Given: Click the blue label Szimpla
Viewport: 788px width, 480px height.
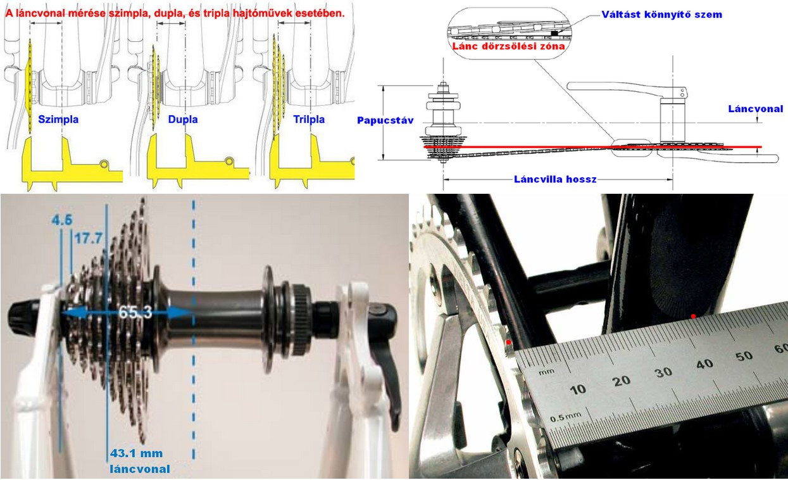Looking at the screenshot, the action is coord(58,119).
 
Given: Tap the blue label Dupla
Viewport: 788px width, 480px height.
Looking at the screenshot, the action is coord(183,119).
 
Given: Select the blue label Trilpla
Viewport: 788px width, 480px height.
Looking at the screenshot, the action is coord(309,119).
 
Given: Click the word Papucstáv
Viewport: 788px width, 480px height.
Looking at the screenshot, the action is coord(385,120).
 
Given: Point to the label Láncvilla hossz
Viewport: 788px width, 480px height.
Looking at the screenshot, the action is coord(555,179).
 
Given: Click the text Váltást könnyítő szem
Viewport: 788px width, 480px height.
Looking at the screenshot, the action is coord(661,15).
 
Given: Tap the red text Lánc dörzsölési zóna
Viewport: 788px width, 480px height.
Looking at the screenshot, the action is coord(508,46).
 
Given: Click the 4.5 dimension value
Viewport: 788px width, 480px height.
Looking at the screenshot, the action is coord(62,220).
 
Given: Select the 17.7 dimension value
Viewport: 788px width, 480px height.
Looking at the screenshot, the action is coord(89,239).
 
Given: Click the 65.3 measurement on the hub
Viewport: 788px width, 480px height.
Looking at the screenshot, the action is coord(135,312).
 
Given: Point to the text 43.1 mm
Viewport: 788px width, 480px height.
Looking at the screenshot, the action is coord(137,453).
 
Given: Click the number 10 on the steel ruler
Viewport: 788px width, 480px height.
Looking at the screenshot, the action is coord(578,389).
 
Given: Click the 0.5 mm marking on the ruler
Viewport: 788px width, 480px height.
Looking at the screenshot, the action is coord(565,417).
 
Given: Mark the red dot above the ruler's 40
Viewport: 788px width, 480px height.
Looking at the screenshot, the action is coord(693,317).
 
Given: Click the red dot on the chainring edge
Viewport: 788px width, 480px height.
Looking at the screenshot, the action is coord(508,342).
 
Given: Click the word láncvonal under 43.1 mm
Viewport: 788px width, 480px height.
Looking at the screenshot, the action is coord(140,469).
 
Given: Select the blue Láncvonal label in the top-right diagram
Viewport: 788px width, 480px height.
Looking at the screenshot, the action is coord(756,109).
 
